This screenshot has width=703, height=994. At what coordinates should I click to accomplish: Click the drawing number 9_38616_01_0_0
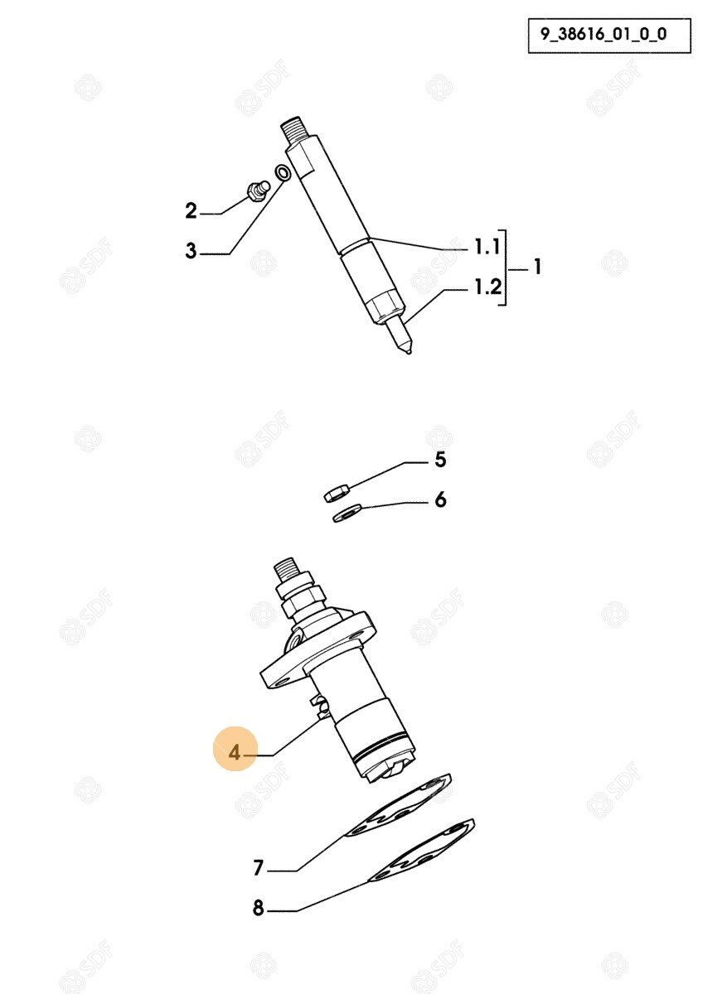[x=603, y=35]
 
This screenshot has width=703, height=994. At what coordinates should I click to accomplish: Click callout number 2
[x=191, y=210]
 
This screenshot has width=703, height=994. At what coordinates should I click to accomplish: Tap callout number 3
[x=191, y=250]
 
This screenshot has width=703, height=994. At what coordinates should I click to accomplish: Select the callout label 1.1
[x=487, y=247]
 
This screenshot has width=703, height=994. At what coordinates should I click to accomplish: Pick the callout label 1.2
[x=487, y=287]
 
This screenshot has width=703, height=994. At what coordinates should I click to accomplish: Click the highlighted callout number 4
[x=235, y=753]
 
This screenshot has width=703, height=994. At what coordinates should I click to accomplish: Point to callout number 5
[x=439, y=460]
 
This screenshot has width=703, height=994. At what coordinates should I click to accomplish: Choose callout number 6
[x=439, y=499]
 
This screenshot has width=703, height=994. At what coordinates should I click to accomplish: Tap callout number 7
[x=258, y=868]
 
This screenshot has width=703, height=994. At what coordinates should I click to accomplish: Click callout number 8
[x=258, y=908]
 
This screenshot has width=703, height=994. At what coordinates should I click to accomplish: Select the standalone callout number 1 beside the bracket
[x=537, y=267]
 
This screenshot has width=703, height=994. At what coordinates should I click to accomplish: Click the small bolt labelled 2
[x=257, y=191]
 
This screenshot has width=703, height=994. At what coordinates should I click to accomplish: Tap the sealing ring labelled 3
[x=283, y=172]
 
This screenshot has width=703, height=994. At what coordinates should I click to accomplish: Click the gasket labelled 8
[x=421, y=850]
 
